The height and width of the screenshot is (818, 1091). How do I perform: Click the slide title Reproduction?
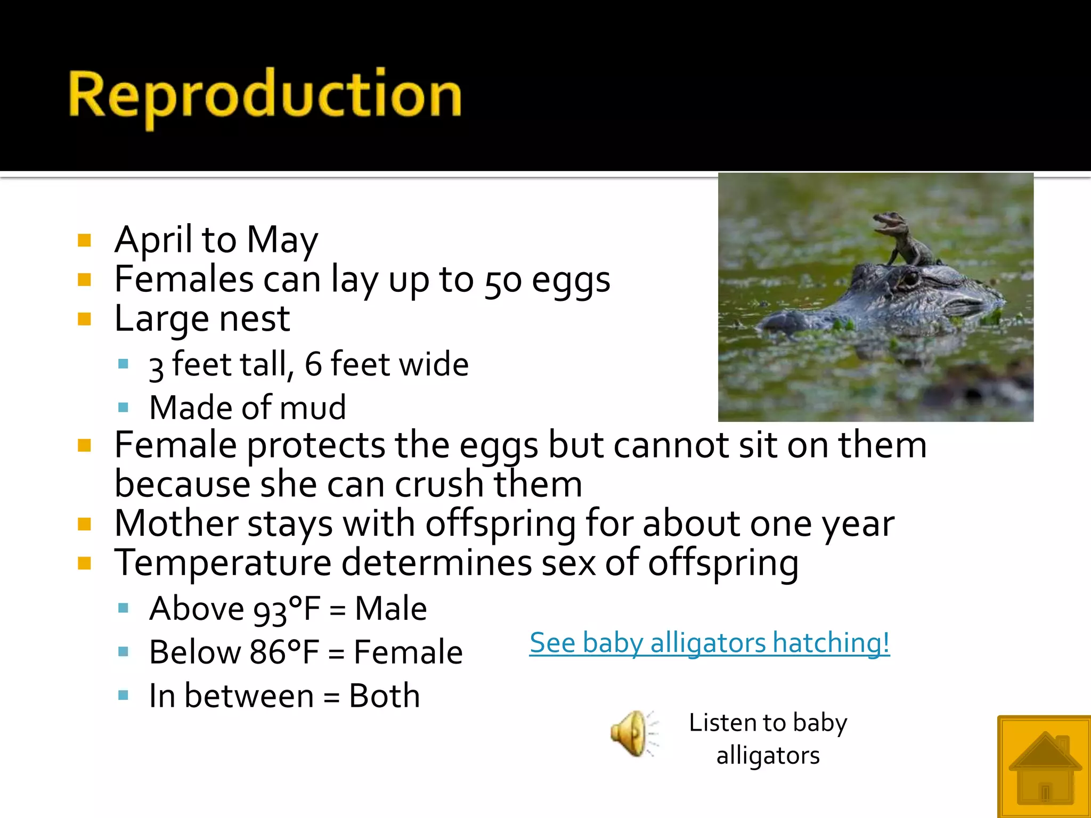click(x=265, y=96)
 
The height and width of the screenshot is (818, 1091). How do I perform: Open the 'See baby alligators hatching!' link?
click(x=709, y=642)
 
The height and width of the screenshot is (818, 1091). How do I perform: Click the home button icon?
click(x=1045, y=767)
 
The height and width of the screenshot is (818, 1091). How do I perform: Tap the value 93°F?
click(x=287, y=609)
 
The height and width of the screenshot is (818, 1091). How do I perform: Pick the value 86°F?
click(x=284, y=652)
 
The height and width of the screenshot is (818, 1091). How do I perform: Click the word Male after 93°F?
click(x=390, y=609)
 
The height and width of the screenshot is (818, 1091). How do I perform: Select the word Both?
click(x=384, y=696)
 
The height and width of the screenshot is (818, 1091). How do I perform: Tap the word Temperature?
click(x=223, y=563)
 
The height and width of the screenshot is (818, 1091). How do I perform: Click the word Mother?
click(x=176, y=523)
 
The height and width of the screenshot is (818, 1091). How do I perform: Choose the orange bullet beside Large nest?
click(x=84, y=319)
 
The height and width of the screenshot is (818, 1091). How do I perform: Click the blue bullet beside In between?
click(x=123, y=695)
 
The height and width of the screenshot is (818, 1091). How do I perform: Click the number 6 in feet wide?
click(x=313, y=365)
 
